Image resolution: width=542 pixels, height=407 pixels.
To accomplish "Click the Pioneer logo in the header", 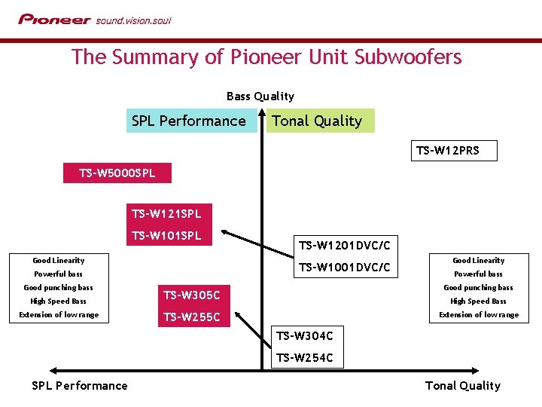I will [54, 20].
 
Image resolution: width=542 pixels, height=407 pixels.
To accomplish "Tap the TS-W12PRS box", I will [447, 151].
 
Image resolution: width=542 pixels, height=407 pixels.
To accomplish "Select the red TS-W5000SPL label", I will [117, 173].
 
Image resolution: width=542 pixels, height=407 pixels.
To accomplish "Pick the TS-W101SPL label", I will [166, 235].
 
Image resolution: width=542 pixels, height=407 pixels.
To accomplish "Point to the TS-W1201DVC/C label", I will [344, 245].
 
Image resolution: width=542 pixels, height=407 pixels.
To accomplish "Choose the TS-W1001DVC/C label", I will [344, 267].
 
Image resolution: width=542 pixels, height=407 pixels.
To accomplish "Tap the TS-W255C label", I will [192, 317].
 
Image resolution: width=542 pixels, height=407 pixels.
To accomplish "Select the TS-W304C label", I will [304, 335].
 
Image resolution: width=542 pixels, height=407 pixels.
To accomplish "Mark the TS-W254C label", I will [304, 357].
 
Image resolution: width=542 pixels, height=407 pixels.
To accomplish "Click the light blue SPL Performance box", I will [188, 121].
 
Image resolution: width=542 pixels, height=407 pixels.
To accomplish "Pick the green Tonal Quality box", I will [317, 121].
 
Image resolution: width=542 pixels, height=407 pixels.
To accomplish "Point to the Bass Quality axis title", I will [260, 96].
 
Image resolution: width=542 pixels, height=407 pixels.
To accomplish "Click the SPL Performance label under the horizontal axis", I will [80, 385].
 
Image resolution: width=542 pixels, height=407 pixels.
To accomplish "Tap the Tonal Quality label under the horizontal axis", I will [462, 385].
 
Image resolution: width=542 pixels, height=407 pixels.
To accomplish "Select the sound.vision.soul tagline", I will [133, 20].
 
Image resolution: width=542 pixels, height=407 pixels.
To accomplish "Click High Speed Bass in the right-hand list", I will [478, 301].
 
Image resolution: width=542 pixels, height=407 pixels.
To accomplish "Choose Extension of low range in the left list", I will [59, 314].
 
